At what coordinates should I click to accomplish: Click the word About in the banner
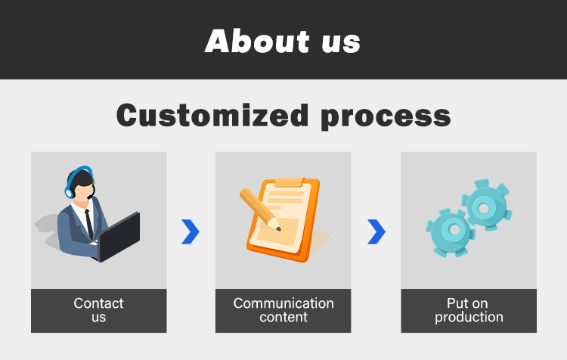point(257,41)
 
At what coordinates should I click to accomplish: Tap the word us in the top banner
point(341,43)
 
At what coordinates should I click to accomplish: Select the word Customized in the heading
point(212,115)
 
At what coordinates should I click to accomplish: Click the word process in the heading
point(386,117)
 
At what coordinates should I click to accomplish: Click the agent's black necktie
point(89,225)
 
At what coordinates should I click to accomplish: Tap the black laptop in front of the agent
point(119,237)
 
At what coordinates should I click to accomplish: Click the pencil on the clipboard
point(259,209)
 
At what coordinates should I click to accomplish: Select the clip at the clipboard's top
point(289,182)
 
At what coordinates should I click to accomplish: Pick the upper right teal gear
point(486,204)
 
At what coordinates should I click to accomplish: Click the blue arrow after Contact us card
point(191,231)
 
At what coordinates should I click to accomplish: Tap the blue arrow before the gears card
point(376,231)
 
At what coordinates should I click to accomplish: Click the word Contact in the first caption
point(98,303)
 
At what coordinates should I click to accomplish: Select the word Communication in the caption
point(283,303)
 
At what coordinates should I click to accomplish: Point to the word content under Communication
point(283,317)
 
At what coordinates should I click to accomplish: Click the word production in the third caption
point(469,318)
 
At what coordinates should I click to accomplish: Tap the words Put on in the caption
point(467,303)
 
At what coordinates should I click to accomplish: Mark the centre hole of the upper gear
point(484,208)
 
